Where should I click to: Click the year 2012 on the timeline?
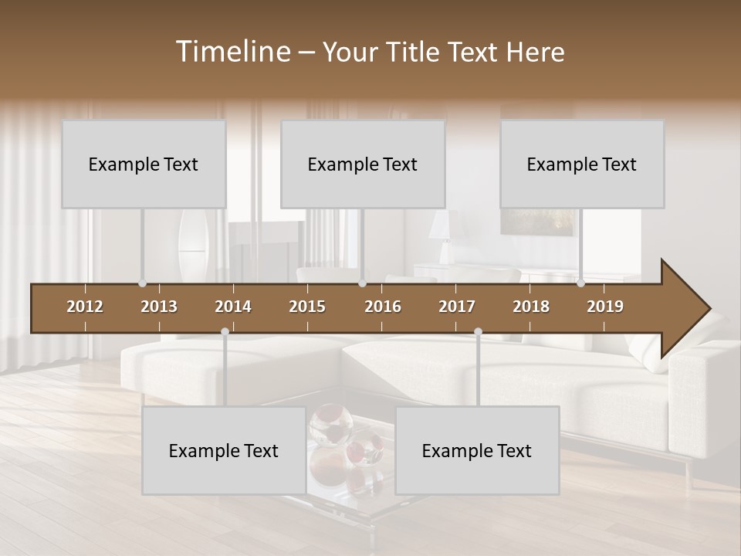85,307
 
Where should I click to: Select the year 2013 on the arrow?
159,307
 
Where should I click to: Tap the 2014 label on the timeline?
233,307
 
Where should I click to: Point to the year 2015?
307,307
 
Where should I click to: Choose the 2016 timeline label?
383,307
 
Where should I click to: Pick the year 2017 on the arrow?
457,307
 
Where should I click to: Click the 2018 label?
531,307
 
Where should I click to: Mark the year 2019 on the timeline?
605,307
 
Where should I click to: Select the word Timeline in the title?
232,52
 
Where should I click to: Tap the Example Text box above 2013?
144,164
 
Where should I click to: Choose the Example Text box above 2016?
363,164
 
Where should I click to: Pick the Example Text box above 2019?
582,164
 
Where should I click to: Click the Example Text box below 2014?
224,450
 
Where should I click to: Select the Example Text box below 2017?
477,450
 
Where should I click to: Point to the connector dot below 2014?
225,331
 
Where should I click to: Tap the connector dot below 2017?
478,331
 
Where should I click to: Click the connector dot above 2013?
142,283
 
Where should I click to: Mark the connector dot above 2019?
580,283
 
